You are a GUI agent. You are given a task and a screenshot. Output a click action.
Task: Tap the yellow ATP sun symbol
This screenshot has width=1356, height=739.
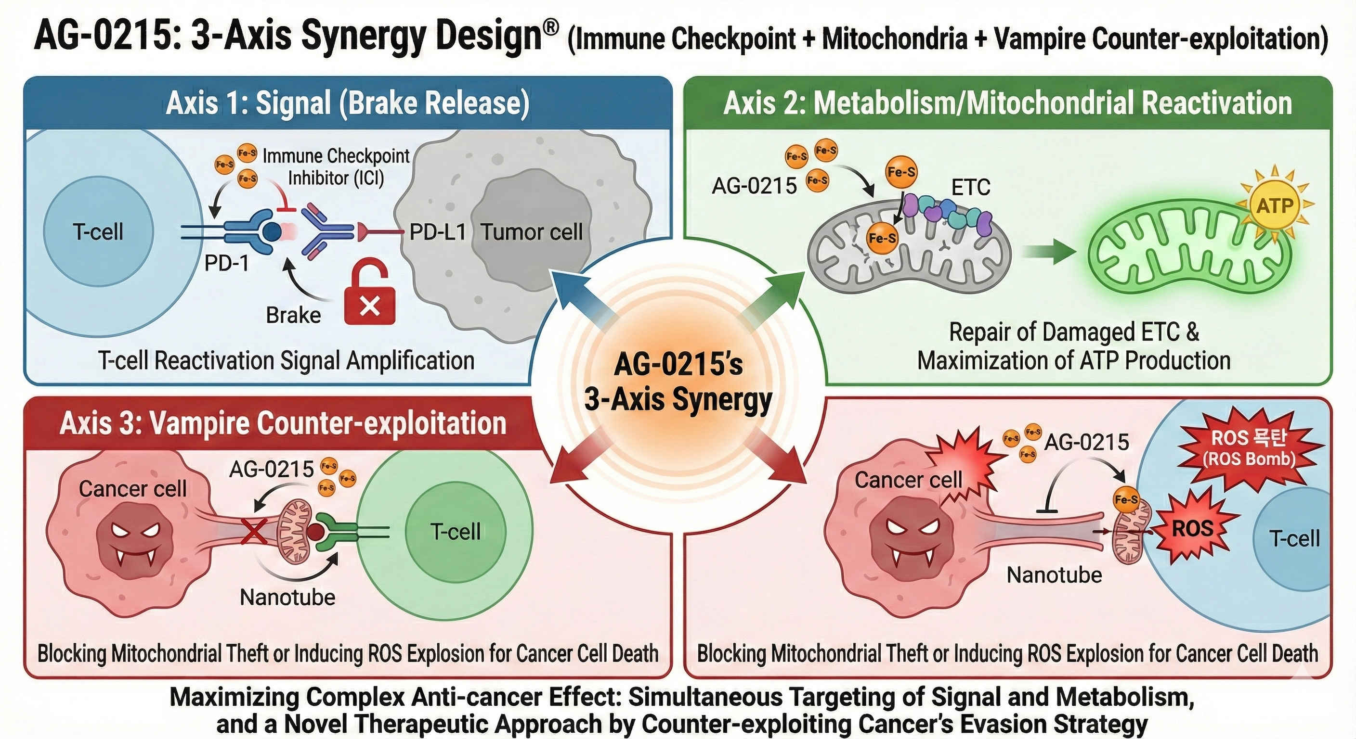pos(1275,205)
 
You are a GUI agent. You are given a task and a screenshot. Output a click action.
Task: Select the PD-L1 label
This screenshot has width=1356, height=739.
pos(437,232)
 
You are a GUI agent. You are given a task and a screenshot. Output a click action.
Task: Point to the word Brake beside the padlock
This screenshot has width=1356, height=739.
pos(293,315)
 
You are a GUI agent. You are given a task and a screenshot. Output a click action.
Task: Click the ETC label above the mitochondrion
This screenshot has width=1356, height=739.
pos(971,187)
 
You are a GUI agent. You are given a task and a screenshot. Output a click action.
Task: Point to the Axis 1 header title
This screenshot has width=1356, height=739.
pos(347,102)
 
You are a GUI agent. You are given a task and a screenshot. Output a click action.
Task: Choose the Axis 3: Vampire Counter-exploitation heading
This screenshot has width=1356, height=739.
pos(283,423)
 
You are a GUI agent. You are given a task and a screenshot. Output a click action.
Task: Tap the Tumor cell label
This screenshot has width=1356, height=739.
pos(532,232)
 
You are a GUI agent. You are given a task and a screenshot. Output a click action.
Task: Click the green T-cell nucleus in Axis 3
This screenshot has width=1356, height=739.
pos(456,531)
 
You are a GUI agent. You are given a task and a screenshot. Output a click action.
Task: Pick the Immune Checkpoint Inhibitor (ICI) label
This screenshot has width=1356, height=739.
pos(336,167)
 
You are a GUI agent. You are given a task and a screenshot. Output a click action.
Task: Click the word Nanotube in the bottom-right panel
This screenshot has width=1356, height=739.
pos(1055,575)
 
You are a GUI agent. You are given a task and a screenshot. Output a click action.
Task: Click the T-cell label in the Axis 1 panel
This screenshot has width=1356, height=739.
pos(98,232)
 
